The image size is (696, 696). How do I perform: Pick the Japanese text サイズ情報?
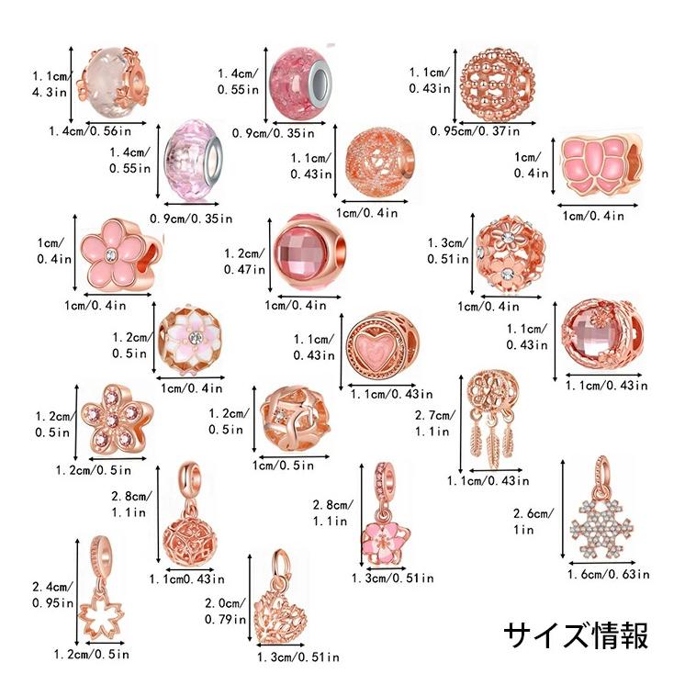[x=576, y=635]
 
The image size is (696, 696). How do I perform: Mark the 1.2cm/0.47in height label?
[x=243, y=262]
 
